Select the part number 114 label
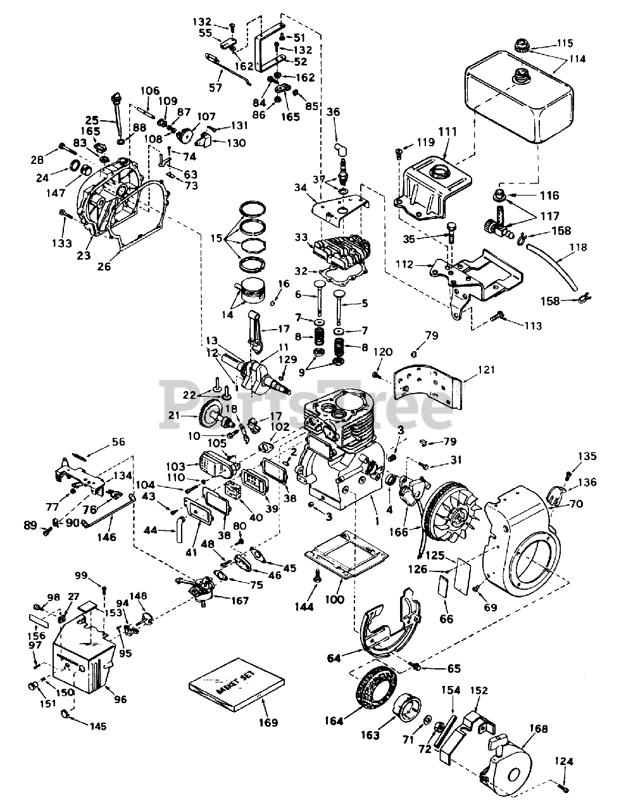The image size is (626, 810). click(577, 59)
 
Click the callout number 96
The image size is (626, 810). click(121, 699)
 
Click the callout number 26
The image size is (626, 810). click(104, 266)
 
